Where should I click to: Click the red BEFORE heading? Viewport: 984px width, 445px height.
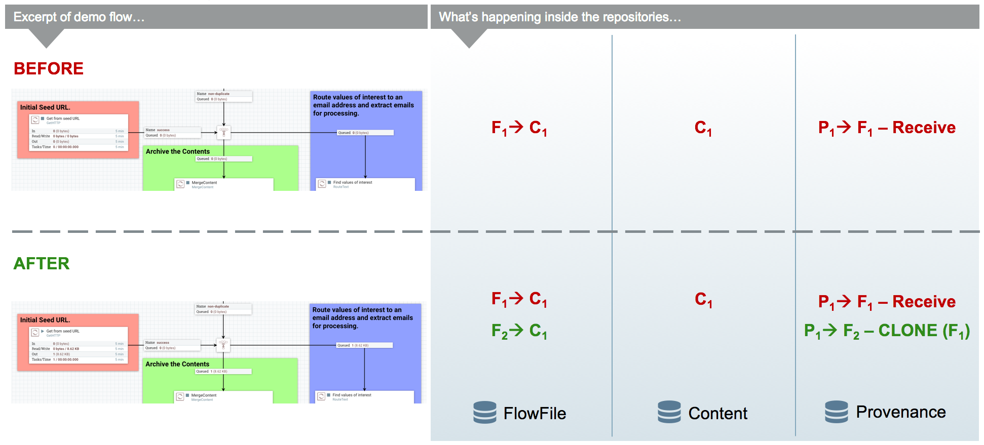[49, 69]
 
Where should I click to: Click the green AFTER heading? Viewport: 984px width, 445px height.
[42, 264]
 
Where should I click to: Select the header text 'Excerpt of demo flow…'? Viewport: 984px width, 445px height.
[79, 17]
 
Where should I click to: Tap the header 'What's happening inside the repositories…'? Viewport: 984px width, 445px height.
[559, 17]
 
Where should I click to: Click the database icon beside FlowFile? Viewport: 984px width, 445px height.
[485, 412]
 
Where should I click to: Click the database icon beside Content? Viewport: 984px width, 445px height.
[669, 412]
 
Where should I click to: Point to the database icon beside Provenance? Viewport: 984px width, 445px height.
[836, 412]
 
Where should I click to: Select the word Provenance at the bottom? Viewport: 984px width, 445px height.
[900, 412]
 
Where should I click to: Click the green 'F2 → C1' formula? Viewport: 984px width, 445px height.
[519, 331]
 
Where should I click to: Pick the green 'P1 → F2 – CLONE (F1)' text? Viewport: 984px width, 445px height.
[887, 331]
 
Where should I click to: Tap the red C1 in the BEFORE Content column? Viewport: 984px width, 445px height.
[703, 128]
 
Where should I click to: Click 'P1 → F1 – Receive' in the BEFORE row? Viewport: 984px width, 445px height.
[887, 128]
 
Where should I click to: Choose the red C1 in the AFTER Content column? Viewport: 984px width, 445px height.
[703, 300]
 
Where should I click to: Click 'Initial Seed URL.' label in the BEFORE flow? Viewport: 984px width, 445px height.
[45, 107]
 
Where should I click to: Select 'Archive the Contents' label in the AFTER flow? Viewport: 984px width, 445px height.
[177, 364]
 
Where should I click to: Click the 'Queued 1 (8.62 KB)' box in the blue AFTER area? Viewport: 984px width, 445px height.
[364, 345]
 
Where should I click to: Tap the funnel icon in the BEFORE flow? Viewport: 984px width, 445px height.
[223, 133]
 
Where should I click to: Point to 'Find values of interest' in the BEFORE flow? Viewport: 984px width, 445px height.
[353, 183]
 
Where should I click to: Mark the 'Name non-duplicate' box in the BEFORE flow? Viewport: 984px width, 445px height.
[223, 96]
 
